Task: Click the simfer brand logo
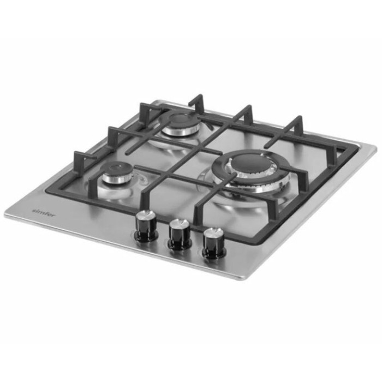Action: pyautogui.click(x=44, y=212)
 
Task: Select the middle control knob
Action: pyautogui.click(x=180, y=235)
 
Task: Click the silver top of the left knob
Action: pyautogui.click(x=146, y=215)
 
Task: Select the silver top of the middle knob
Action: pyautogui.click(x=180, y=224)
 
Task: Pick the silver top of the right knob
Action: pyautogui.click(x=214, y=232)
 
